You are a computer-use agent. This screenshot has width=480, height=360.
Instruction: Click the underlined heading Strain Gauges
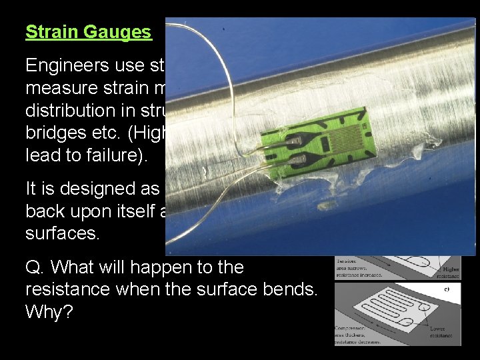(89, 32)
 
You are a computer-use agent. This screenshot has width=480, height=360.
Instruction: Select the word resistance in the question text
(67, 289)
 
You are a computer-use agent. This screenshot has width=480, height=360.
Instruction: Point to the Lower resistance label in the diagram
(438, 331)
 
